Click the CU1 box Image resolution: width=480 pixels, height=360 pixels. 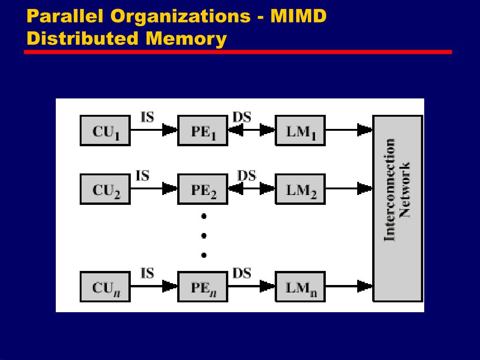105,130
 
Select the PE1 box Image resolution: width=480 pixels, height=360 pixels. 202,130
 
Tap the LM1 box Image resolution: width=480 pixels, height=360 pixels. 300,130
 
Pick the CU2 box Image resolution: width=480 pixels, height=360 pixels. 105,189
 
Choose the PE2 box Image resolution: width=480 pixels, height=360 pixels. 202,189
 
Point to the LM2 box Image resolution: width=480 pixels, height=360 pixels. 300,189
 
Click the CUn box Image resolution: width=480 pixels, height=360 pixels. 105,286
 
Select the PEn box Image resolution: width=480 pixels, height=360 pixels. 202,286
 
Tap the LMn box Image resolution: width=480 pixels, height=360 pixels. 300,286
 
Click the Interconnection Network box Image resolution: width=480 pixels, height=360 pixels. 397,209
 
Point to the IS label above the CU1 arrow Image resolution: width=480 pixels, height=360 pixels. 147,116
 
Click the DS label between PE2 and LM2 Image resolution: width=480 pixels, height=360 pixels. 247,176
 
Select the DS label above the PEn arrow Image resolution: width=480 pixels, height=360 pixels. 242,273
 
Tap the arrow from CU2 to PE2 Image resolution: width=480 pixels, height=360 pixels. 154,189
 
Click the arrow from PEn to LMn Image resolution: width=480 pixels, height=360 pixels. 251,286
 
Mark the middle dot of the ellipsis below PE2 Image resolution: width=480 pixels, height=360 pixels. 203,236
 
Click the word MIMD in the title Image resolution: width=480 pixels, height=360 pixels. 298,16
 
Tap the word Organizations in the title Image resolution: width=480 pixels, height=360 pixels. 180,16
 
